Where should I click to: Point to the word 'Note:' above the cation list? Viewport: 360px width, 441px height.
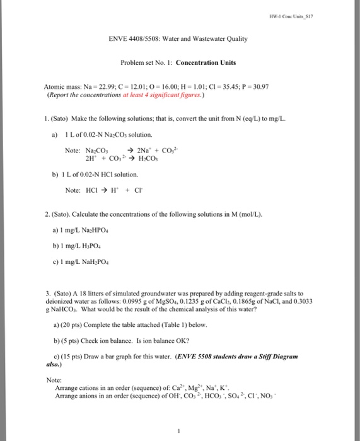pyautogui.click(x=54, y=381)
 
